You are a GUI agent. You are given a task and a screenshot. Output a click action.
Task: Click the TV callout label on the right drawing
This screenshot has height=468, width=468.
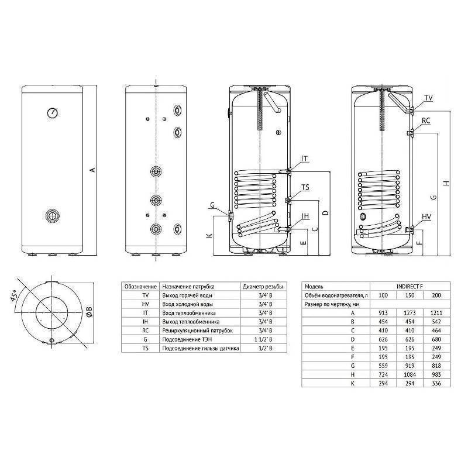tap(428, 98)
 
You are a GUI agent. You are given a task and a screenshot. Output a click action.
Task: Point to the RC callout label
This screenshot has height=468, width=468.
tap(426, 121)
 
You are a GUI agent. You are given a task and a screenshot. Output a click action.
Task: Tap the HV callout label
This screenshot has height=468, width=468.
tap(426, 218)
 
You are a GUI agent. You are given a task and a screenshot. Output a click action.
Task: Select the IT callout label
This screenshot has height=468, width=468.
tap(305, 159)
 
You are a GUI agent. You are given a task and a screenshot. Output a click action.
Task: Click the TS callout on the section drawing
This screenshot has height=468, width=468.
tap(305, 188)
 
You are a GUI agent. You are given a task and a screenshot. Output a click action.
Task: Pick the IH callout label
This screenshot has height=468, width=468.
tap(305, 216)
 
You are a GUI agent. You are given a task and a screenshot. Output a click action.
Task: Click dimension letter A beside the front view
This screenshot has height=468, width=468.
tap(92, 170)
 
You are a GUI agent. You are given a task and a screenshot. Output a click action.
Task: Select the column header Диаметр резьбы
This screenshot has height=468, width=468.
tap(263, 287)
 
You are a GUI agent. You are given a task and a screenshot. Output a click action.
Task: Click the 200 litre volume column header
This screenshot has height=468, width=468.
tap(436, 295)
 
